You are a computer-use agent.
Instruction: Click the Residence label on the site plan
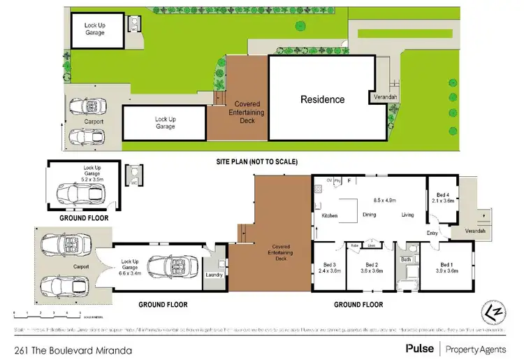coord(322,99)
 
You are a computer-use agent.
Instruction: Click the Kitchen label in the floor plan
coord(329,215)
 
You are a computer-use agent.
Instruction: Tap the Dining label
coord(371,215)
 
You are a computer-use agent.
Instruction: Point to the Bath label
coord(405,259)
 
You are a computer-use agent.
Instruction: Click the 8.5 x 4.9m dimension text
coord(384,200)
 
